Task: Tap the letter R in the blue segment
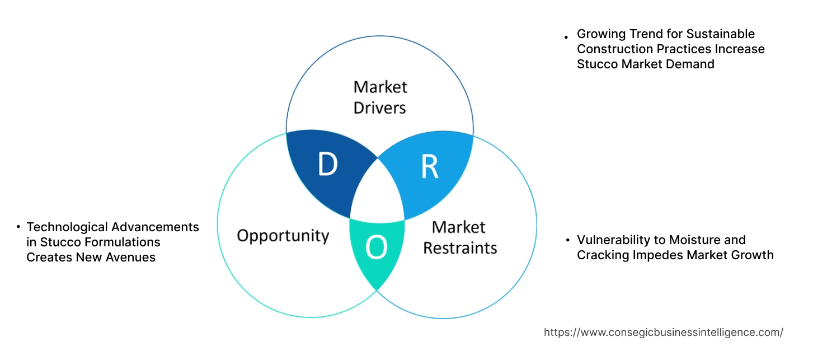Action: [429, 167]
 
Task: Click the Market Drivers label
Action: [380, 97]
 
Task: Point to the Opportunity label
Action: [283, 235]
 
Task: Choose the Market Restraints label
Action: [459, 237]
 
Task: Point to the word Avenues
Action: [133, 258]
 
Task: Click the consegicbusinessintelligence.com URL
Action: [663, 332]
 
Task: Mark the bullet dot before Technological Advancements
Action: [18, 227]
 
